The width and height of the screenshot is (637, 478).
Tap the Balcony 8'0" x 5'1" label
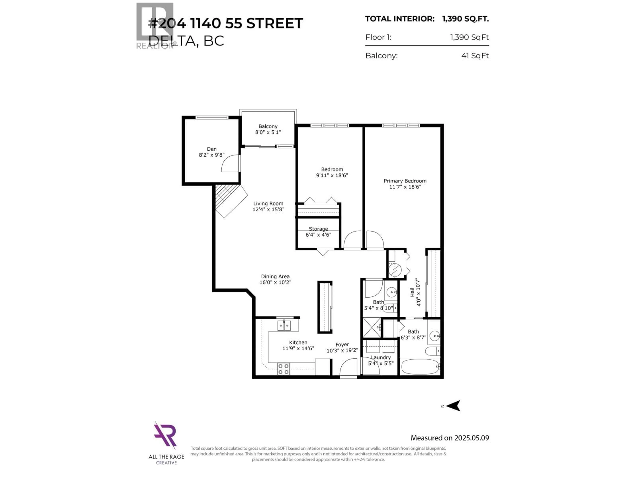(268, 129)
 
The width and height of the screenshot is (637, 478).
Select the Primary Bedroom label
(405, 184)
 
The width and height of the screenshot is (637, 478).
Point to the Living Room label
(268, 206)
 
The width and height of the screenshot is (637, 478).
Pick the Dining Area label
(275, 279)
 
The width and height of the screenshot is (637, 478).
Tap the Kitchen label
(298, 345)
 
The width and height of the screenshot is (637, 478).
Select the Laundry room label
(380, 360)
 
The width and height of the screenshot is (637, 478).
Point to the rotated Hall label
(415, 292)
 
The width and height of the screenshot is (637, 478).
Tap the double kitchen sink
(284, 326)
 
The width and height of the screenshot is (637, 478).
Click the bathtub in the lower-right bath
(420, 366)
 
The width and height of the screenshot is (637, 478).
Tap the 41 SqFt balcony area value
(475, 56)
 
